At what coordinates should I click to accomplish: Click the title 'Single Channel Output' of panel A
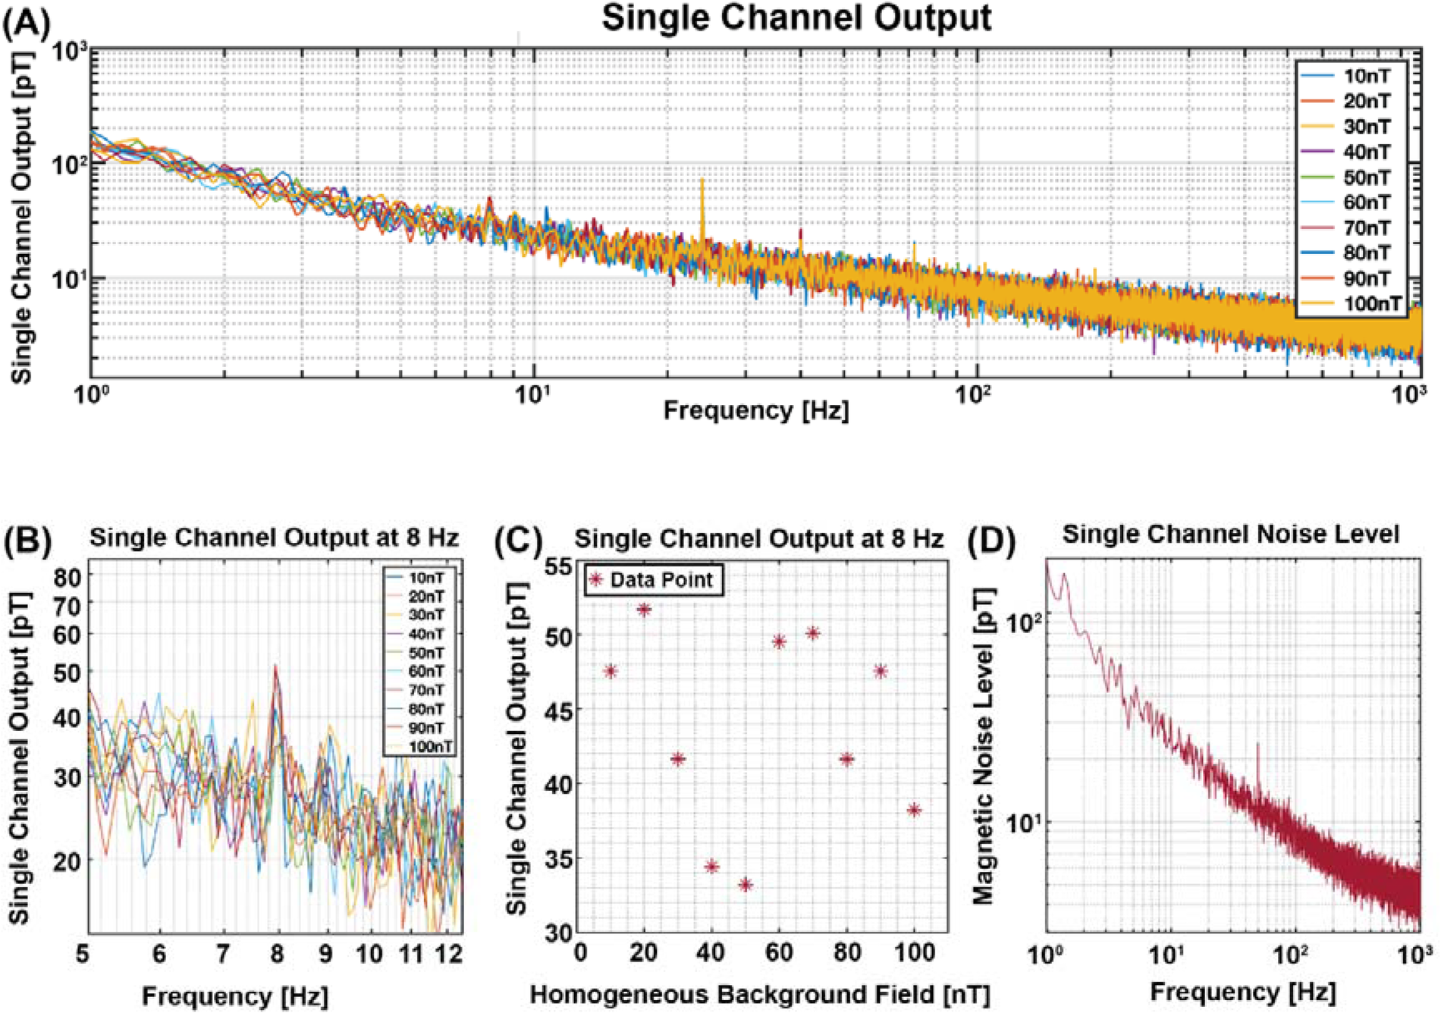click(796, 18)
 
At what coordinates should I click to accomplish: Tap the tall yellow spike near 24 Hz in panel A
click(702, 182)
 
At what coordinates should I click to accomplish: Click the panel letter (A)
click(26, 23)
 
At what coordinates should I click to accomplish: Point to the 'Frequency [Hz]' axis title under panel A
click(756, 410)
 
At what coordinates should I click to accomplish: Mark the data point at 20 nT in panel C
click(645, 610)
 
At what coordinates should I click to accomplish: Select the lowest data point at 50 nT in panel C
click(746, 885)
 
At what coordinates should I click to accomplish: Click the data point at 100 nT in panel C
click(914, 810)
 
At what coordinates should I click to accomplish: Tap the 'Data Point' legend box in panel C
click(653, 580)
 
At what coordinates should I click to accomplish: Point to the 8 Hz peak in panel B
click(276, 667)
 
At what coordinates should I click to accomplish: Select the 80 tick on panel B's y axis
click(67, 577)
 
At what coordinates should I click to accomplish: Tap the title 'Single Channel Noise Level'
click(1230, 534)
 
